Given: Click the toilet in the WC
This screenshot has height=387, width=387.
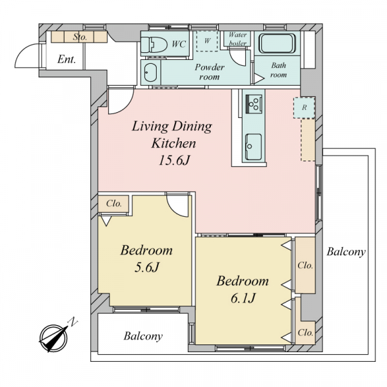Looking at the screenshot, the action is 154,45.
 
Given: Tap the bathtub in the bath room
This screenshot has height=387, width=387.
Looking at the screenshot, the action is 277,43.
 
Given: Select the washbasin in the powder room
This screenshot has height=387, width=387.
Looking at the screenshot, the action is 150,73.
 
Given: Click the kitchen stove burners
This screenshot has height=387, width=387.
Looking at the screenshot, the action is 253,104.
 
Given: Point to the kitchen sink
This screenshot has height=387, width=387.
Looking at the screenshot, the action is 253,146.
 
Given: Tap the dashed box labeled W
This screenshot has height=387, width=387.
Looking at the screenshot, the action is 207,41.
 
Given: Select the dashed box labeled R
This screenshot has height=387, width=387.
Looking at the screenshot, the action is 304,107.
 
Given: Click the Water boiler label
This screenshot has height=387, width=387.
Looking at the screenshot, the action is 237,39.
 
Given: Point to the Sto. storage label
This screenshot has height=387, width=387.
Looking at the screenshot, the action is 80,37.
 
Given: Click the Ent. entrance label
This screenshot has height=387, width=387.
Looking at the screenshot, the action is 66,59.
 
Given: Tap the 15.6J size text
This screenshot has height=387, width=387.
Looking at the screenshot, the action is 174,161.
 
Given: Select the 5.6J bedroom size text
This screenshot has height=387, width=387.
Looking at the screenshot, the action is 146,267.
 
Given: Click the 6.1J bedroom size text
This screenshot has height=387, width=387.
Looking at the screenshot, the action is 243,298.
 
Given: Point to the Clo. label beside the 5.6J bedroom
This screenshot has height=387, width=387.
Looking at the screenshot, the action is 114,204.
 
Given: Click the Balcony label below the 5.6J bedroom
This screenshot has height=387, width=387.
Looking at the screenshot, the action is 143,336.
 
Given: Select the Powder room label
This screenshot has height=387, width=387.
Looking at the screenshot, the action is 209,72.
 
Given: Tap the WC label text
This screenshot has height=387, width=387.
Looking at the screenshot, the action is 179,44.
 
